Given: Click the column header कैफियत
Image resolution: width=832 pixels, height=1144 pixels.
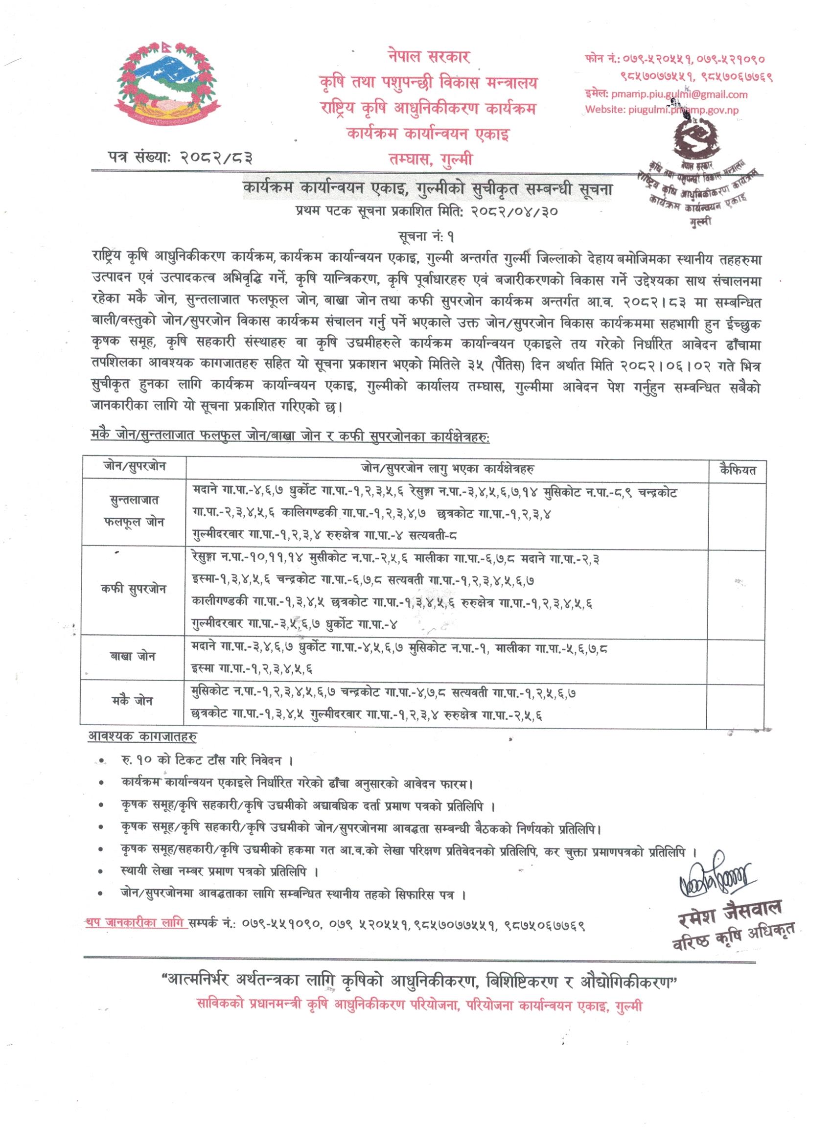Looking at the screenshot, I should click(737, 470).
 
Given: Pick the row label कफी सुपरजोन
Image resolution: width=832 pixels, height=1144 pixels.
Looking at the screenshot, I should click(133, 589).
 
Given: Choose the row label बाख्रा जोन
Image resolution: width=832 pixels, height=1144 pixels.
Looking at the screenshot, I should click(133, 656).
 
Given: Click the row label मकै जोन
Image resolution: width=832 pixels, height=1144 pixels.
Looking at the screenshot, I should click(133, 701).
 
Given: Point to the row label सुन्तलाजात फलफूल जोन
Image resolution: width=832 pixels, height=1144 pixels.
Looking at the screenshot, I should click(134, 511).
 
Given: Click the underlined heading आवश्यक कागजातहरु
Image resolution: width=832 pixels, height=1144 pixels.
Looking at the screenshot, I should click(142, 736).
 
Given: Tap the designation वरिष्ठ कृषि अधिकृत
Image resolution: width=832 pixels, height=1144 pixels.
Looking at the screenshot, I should click(734, 936).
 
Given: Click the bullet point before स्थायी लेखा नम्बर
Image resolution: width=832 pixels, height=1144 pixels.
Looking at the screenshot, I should click(103, 871).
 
